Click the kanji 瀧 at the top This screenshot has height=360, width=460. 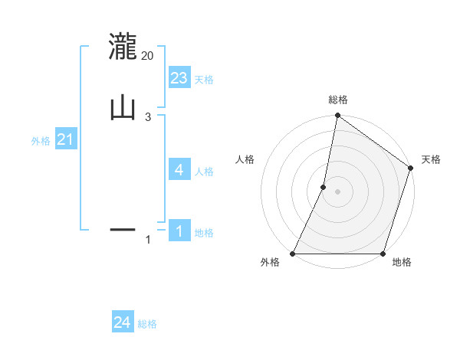pyautogui.click(x=123, y=46)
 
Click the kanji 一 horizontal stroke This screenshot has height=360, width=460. pyautogui.click(x=123, y=229)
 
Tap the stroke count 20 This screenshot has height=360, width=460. pyautogui.click(x=148, y=56)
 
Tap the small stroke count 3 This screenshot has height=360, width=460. pyautogui.click(x=148, y=116)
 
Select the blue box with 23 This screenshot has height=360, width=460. pyautogui.click(x=179, y=77)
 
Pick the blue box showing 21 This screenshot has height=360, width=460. pyautogui.click(x=66, y=139)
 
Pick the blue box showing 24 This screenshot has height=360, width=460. pyautogui.click(x=123, y=322)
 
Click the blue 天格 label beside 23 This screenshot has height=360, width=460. pyautogui.click(x=204, y=80)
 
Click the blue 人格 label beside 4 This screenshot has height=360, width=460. pyautogui.click(x=204, y=171)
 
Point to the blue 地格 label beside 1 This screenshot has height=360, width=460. pyautogui.click(x=204, y=233)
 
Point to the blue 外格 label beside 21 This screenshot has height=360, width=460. pyautogui.click(x=41, y=141)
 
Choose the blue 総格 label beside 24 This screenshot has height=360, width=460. pyautogui.click(x=147, y=324)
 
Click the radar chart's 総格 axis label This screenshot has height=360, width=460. pyautogui.click(x=337, y=100)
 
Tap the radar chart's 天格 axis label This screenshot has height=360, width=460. pyautogui.click(x=432, y=159)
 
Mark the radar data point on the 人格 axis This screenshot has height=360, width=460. pyautogui.click(x=324, y=187)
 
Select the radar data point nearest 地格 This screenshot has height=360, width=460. pyautogui.click(x=383, y=254)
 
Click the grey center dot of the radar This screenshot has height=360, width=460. pyautogui.click(x=337, y=191)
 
